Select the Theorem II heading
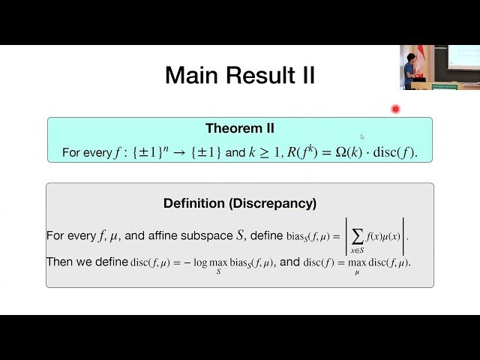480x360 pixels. click(x=240, y=129)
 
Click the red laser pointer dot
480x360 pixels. click(x=395, y=109)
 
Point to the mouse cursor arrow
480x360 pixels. click(x=362, y=136)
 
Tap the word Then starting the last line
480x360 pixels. click(x=60, y=262)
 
